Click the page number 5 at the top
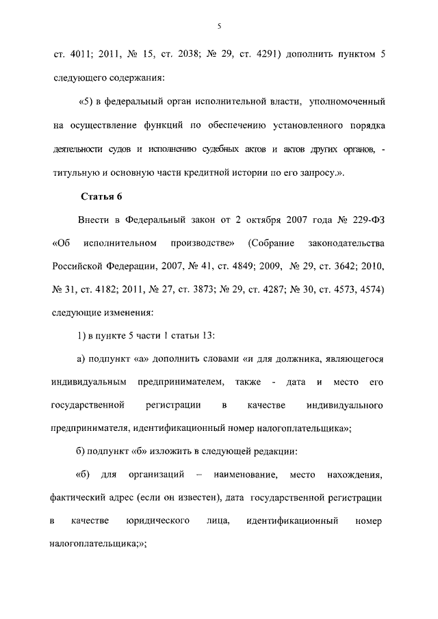[219, 26]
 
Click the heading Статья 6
[101, 197]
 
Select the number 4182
[101, 289]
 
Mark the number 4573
[350, 289]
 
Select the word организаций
[155, 474]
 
